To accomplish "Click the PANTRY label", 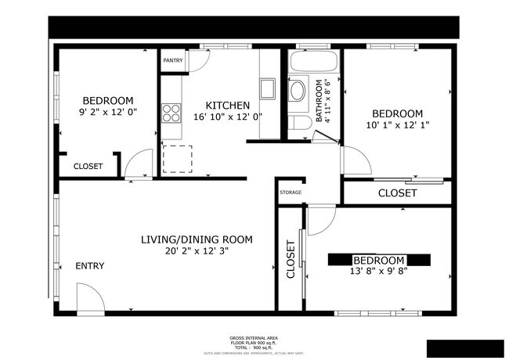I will point(172,60).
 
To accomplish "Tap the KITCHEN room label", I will point(228,106).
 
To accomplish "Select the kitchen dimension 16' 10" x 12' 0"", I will point(228,117).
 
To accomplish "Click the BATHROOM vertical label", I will point(319,102).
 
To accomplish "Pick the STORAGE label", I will point(291,191).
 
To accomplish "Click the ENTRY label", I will point(89,266).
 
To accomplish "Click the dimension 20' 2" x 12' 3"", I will point(199,251).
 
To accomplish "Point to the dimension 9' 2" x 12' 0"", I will point(108,113).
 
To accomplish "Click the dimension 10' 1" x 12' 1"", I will point(397,124).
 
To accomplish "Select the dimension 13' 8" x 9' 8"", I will point(378,272).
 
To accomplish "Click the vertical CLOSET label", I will point(291,259).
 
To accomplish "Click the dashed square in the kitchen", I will point(177,160).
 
